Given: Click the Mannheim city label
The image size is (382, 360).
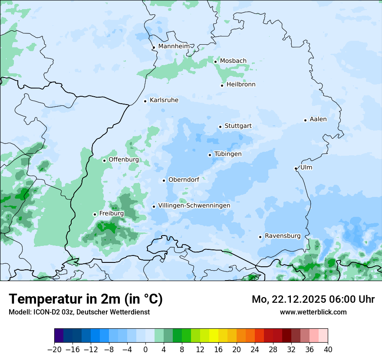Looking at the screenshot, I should [x=174, y=46].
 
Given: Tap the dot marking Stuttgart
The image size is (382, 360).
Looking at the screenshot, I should [x=220, y=127].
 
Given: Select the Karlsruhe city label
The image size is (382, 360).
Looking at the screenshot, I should [x=164, y=100].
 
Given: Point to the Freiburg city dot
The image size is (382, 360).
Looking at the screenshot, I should [x=95, y=214].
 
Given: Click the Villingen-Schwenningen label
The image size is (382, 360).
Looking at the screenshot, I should [x=194, y=206].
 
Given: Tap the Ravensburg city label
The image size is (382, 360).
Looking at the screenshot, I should [x=283, y=236].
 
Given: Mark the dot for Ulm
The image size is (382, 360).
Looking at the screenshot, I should [x=296, y=168].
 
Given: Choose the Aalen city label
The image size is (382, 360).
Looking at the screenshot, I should [x=318, y=119].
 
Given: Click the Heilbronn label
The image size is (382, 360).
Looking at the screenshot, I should [x=241, y=85].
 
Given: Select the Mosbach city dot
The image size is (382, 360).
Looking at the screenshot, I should [x=215, y=62].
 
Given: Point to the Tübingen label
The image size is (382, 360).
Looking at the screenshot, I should [x=228, y=154].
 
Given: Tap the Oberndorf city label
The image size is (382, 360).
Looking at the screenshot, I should [x=184, y=180].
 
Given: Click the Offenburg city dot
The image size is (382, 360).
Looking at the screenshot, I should [x=104, y=160].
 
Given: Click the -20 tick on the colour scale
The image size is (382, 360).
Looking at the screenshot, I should [x=55, y=350].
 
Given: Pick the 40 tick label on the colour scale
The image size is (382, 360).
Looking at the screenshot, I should [x=328, y=350].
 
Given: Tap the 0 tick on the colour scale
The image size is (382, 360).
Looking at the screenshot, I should [x=145, y=350].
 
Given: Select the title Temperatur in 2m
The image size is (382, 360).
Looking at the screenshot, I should [x=86, y=299].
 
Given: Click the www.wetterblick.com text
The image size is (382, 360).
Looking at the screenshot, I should [x=313, y=312].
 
